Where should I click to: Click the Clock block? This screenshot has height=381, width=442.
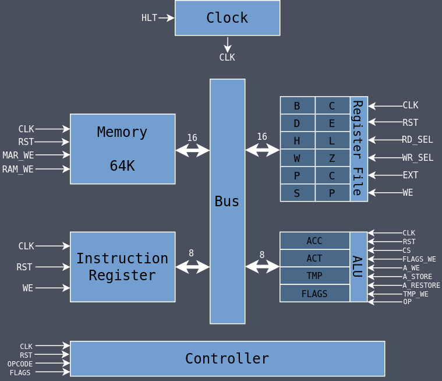[227, 18]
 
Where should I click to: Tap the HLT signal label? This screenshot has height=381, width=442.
[149, 18]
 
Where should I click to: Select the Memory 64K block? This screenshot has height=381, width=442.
[122, 149]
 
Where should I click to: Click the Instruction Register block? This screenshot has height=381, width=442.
[122, 267]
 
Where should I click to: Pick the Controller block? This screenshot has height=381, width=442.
[227, 359]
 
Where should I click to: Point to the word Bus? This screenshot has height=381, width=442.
[227, 202]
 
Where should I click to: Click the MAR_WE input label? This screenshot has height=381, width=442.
[18, 156]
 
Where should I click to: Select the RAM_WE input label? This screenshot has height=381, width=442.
[18, 170]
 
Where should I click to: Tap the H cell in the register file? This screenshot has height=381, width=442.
[297, 140]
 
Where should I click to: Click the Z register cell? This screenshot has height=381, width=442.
[332, 158]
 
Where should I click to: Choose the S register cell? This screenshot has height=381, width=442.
[297, 193]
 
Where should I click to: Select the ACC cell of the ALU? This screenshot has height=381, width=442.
[314, 241]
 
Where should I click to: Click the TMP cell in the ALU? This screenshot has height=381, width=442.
[314, 276]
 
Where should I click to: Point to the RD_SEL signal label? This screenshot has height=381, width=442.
[417, 140]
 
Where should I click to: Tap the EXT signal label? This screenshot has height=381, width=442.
[411, 175]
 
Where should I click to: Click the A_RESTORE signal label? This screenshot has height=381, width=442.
[421, 285]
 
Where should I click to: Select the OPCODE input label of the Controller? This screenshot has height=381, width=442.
[20, 364]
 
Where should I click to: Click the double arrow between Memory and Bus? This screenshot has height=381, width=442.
[192, 150]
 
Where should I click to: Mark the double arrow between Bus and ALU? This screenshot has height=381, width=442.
[262, 267]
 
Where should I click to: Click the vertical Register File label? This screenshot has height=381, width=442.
[358, 149]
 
